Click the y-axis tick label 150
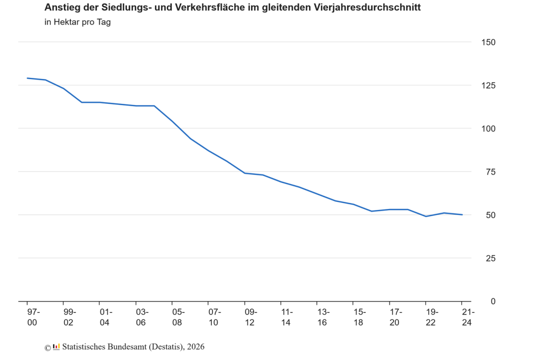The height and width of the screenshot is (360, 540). [x=489, y=42]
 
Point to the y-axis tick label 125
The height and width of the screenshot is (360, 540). [x=489, y=85]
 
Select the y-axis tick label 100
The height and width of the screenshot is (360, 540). [x=489, y=129]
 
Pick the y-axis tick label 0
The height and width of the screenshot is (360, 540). [x=493, y=301]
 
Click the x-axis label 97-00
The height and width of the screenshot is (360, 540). [x=34, y=317]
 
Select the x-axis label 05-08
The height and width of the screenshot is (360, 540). [x=178, y=317]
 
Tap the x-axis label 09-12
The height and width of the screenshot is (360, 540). [x=251, y=317]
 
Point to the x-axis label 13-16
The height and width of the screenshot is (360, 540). [x=323, y=317]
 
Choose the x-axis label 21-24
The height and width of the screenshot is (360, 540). [x=468, y=317]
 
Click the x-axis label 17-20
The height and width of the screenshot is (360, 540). [x=396, y=317]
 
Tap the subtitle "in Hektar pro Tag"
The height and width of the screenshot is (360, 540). [x=77, y=22]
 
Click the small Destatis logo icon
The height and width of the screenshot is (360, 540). [x=56, y=347]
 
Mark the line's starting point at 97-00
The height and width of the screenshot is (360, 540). [x=27, y=78]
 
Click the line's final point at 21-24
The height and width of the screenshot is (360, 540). [x=462, y=215]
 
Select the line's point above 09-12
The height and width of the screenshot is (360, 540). [x=245, y=173]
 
